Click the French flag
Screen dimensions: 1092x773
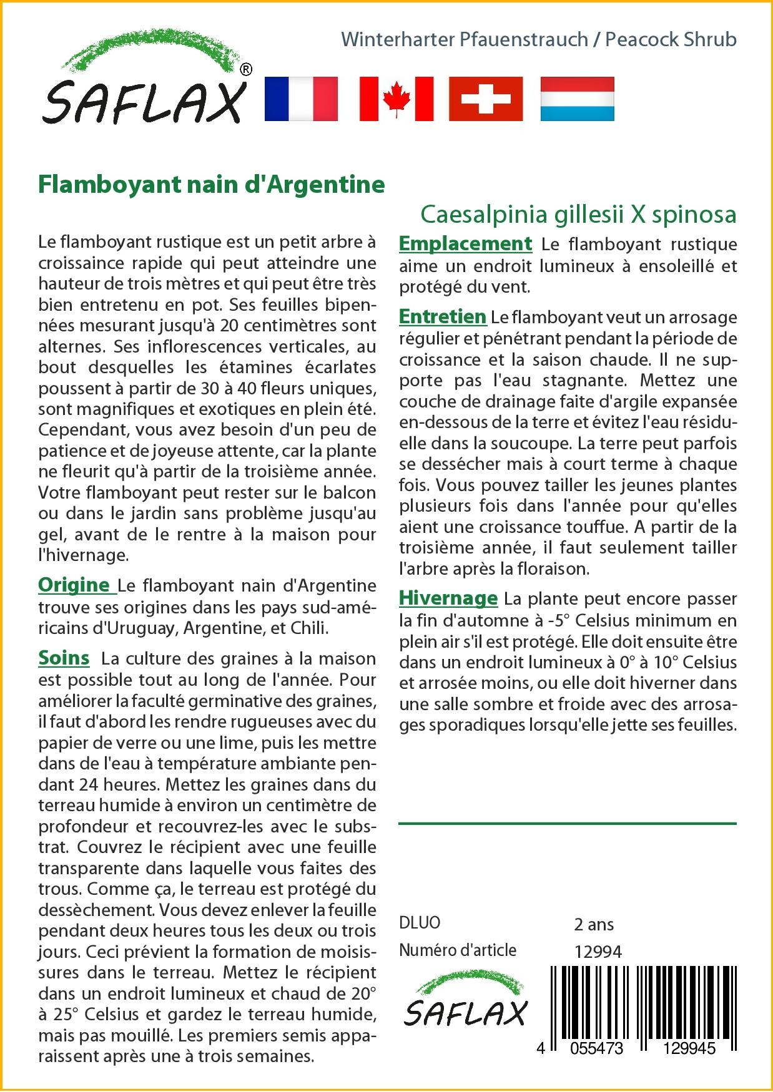301,99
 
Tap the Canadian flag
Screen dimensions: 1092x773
396,99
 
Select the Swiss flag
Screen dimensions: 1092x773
486,99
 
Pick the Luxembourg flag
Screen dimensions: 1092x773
577,99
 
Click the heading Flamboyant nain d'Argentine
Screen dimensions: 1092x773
212,185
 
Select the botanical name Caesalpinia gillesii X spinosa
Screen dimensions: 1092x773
578,214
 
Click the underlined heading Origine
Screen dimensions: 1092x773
74,585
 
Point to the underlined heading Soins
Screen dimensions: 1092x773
64,658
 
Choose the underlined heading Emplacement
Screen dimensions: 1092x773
465,243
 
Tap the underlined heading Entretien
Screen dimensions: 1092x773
442,317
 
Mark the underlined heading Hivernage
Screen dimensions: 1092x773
448,598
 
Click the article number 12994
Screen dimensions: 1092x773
598,952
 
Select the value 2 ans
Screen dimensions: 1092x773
594,924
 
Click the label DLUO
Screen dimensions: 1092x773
420,923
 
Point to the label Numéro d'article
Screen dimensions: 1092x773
458,950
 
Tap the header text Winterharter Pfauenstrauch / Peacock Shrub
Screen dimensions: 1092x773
539,39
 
